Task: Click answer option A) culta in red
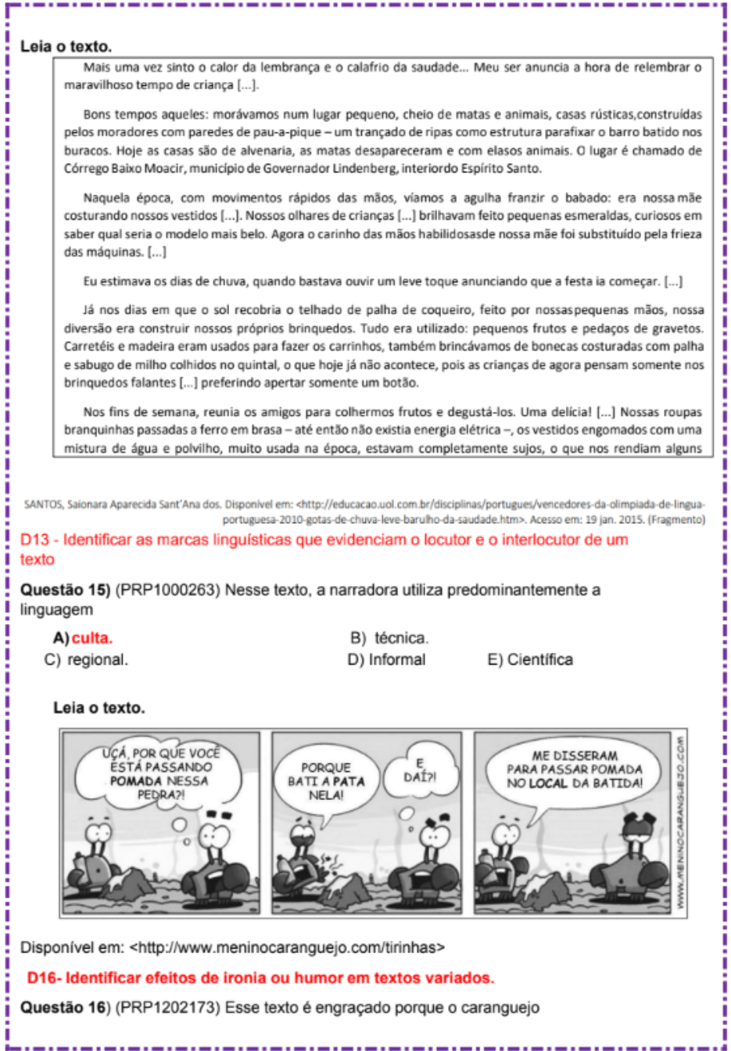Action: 84,638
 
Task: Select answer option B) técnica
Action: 389,638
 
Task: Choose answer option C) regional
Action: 87,660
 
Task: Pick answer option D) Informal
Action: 387,660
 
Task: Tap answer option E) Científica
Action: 530,660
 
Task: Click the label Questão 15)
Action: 66,590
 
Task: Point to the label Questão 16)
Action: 66,1008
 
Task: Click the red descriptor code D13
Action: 36,540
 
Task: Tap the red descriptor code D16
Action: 42,978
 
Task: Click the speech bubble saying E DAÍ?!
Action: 421,770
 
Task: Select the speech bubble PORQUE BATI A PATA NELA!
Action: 326,781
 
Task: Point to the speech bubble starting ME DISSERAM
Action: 575,769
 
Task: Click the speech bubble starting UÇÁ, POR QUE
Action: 161,773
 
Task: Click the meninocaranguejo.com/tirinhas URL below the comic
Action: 287,948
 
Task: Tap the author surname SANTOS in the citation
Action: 42,504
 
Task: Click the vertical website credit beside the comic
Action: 681,823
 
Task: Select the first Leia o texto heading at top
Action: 66,47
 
